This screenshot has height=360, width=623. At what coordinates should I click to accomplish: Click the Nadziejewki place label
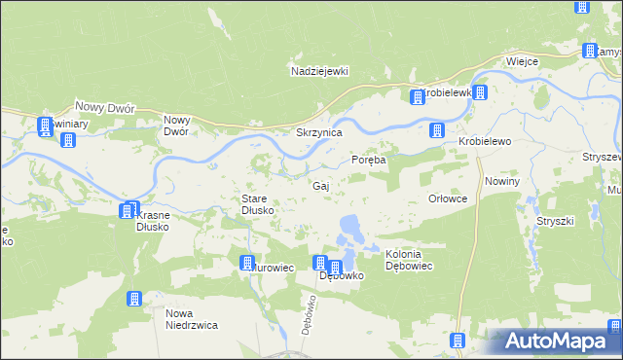click(318, 71)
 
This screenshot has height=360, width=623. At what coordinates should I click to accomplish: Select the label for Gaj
click(320, 185)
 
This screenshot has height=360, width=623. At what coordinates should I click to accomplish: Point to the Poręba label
click(369, 160)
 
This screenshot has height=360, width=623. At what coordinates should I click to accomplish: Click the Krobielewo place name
click(485, 141)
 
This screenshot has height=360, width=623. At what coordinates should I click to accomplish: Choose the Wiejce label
click(522, 61)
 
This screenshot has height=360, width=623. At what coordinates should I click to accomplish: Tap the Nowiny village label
click(502, 181)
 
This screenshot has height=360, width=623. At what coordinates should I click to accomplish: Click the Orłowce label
click(449, 198)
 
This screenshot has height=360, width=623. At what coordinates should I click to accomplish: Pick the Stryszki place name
click(555, 221)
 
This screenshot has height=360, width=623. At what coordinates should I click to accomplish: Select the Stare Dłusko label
click(260, 204)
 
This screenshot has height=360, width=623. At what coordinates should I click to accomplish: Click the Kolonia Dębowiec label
click(409, 260)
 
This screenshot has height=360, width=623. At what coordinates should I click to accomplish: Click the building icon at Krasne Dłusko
click(128, 210)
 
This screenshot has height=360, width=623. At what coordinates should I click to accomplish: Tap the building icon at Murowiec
click(247, 263)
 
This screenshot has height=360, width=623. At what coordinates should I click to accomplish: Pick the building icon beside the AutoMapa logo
click(458, 341)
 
